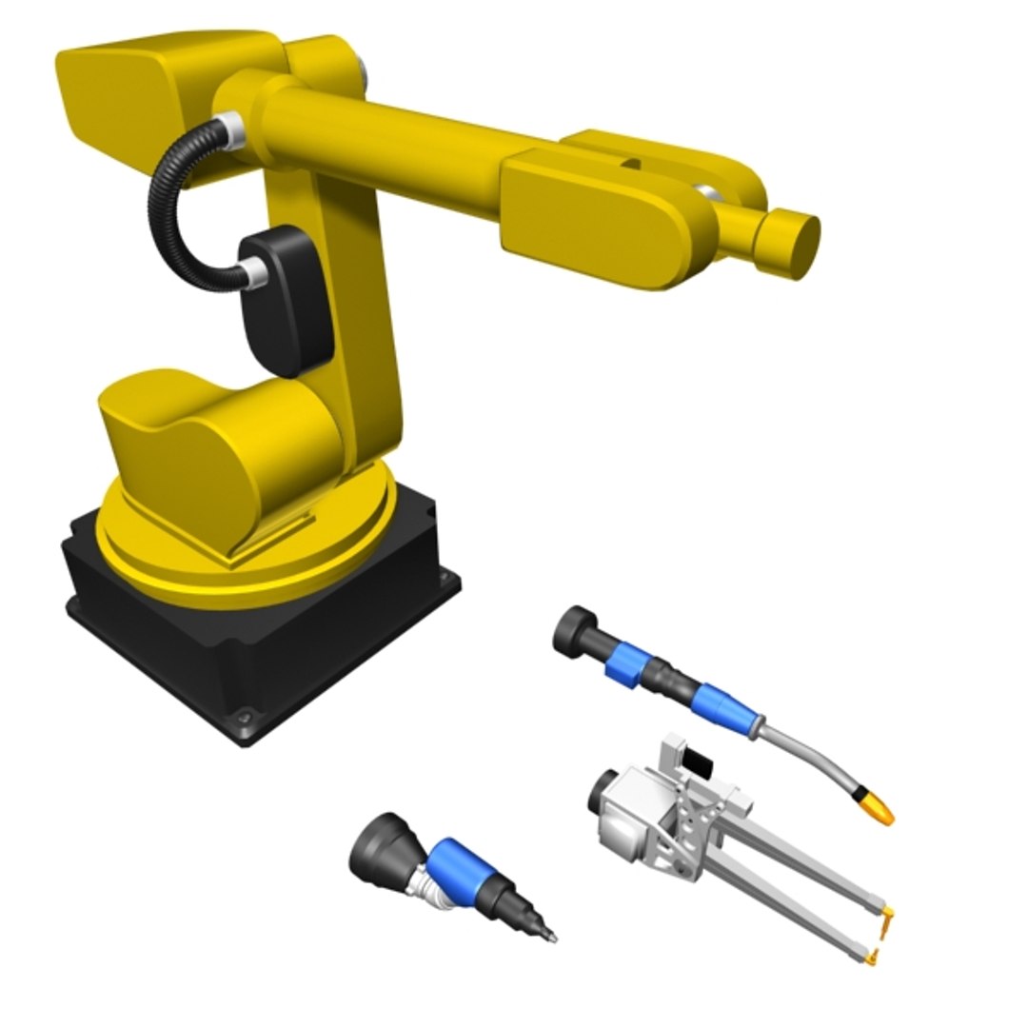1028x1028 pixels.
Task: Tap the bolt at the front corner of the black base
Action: [x=246, y=715]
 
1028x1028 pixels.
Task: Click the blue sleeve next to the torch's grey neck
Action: [x=719, y=705]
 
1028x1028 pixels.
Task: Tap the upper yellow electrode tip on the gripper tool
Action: [x=889, y=919]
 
